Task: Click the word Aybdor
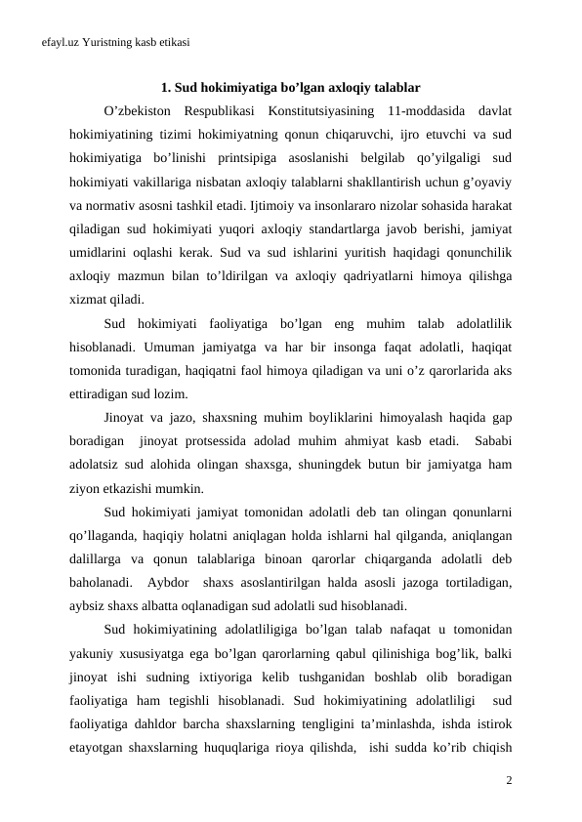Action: pos(171,584)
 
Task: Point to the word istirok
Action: pos(493,726)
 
